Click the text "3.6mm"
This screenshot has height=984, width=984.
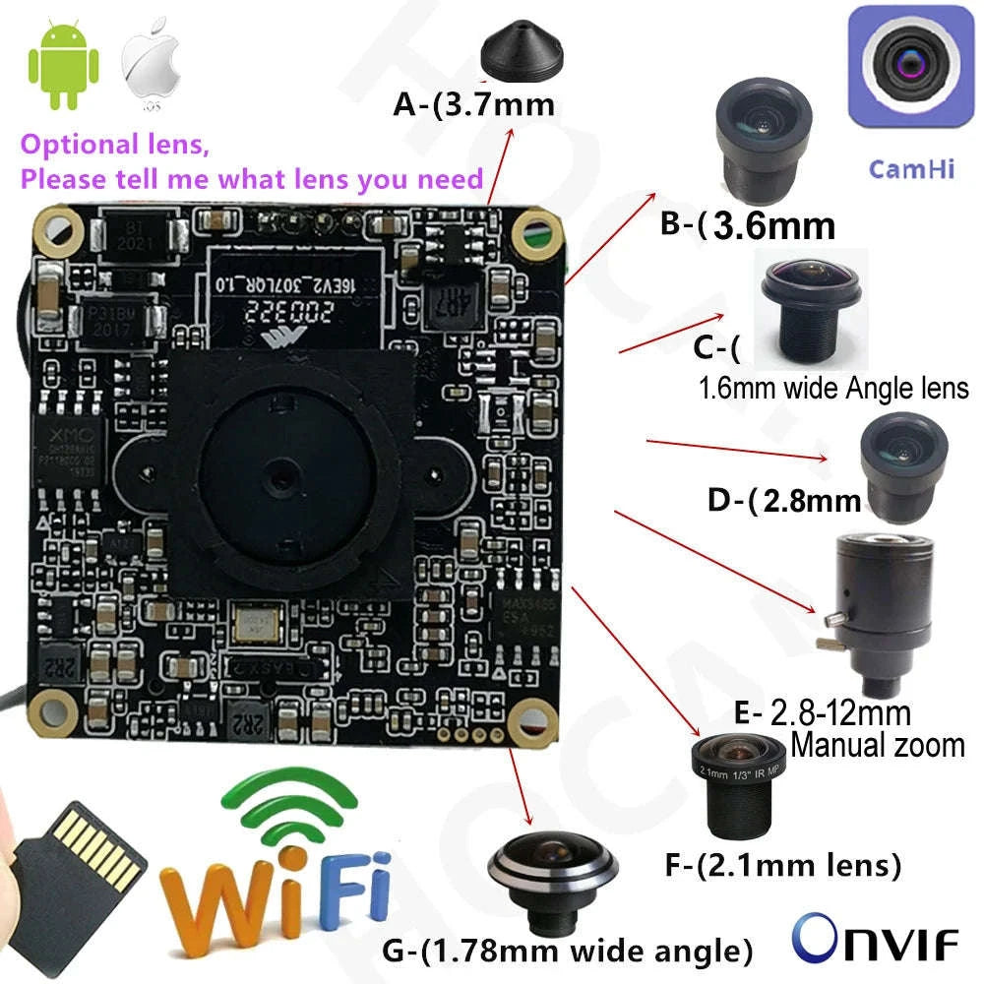(x=773, y=225)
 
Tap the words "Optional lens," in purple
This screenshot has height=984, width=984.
(x=115, y=146)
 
